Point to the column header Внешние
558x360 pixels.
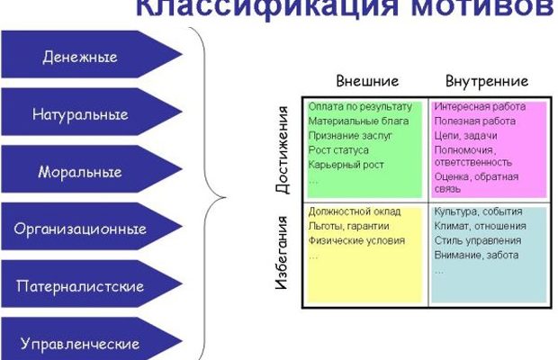367,80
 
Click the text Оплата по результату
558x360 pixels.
359,106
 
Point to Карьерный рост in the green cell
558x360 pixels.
346,166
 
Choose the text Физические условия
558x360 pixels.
356,240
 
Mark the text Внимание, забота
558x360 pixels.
475,256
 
